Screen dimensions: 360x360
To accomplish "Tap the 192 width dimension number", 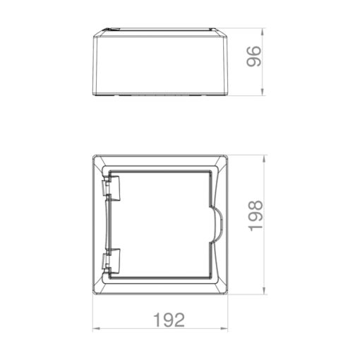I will pos(168,320).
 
